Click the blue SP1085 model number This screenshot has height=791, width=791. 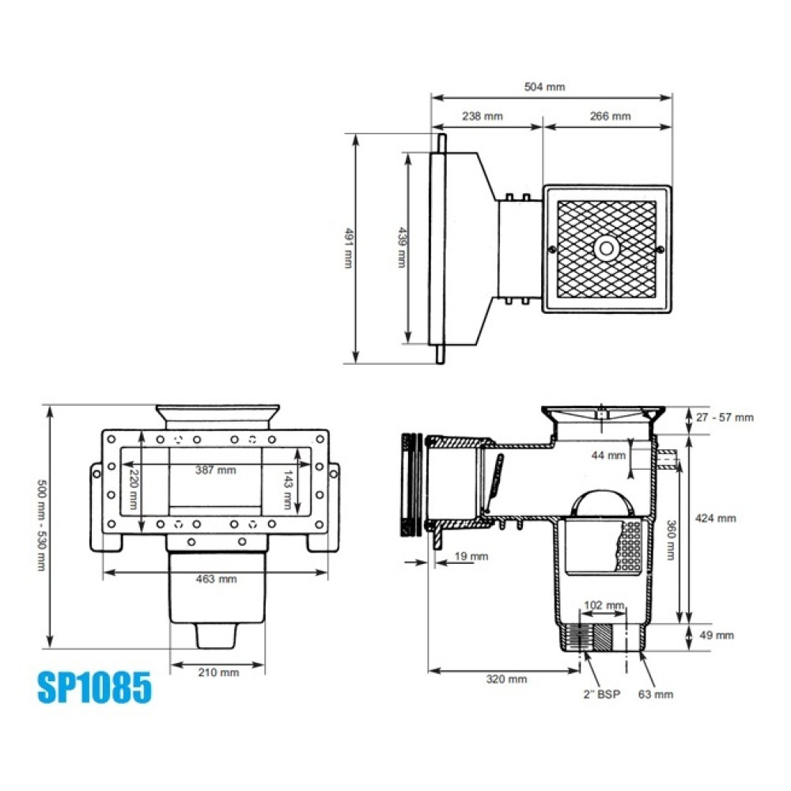[94, 687]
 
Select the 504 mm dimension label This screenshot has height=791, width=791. [545, 87]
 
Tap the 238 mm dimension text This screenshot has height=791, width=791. [483, 116]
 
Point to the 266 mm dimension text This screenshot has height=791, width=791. [611, 116]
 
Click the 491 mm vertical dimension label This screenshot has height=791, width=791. [347, 248]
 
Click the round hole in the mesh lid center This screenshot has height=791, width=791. [606, 248]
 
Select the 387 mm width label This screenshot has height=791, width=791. [216, 470]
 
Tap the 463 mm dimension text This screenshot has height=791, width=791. [216, 579]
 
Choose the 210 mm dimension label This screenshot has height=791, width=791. [218, 672]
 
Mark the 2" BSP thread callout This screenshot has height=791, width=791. [600, 694]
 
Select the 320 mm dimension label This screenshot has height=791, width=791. [506, 679]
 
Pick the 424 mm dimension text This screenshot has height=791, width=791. [717, 518]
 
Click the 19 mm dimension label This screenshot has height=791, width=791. [471, 556]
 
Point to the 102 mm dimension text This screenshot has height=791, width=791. [603, 605]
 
